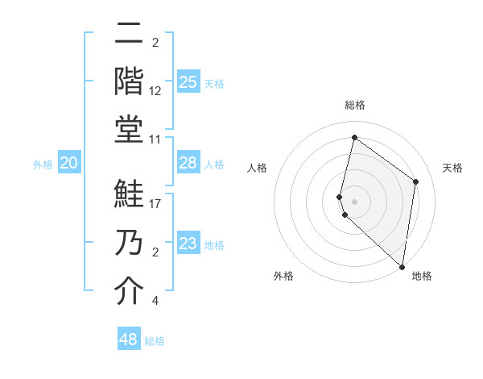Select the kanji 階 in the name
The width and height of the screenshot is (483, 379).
click(x=129, y=81)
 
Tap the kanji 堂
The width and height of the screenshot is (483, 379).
click(x=129, y=129)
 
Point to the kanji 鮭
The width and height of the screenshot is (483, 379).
click(x=129, y=195)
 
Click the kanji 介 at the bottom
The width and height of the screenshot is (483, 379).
click(x=129, y=291)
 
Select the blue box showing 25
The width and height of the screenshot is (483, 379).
click(x=188, y=82)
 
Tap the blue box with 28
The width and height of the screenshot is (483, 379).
click(x=188, y=164)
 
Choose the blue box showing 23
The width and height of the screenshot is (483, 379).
click(x=188, y=244)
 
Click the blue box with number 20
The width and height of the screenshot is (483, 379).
click(x=69, y=164)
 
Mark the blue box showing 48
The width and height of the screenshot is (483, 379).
click(x=129, y=339)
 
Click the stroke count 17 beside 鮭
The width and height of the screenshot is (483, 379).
click(x=156, y=204)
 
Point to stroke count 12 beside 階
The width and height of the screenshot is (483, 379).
click(x=156, y=91)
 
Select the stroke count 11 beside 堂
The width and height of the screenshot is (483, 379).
click(x=156, y=139)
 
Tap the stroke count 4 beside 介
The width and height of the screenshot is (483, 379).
click(x=155, y=301)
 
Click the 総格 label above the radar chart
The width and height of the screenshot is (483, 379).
click(x=355, y=105)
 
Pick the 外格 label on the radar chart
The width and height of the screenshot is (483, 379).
click(x=283, y=276)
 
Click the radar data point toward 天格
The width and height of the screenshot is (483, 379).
click(x=416, y=181)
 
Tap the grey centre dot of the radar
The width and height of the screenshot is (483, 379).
click(x=355, y=201)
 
